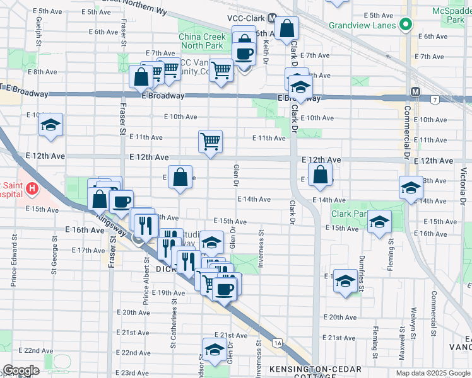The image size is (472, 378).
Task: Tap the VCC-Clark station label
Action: [x=242, y=18]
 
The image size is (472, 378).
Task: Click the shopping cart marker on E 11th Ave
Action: [x=210, y=140]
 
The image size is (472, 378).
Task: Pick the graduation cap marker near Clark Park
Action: [x=379, y=222]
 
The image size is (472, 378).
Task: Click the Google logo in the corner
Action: [x=21, y=370]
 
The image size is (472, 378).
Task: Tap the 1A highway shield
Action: [x=278, y=343]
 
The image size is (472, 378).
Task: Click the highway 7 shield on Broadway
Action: [x=435, y=100]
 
